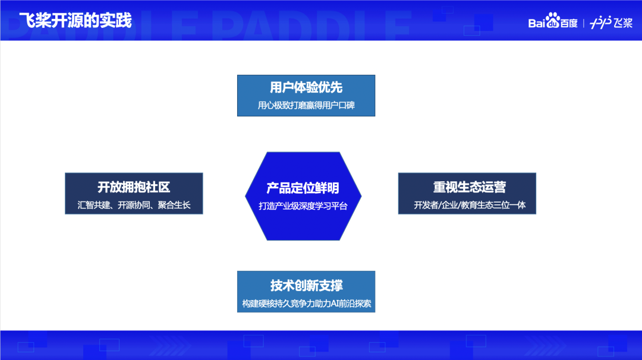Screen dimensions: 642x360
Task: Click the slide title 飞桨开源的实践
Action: click(75, 20)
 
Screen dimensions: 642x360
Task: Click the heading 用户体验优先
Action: click(306, 88)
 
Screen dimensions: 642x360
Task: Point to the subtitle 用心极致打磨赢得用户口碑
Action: click(306, 106)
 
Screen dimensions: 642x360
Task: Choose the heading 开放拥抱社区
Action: click(134, 187)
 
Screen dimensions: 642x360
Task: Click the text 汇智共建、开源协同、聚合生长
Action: click(134, 206)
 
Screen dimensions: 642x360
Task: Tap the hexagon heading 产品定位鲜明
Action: click(303, 188)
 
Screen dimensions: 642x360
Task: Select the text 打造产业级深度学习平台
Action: click(303, 206)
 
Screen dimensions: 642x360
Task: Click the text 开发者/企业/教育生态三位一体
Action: click(467, 206)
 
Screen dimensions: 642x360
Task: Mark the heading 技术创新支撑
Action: click(306, 285)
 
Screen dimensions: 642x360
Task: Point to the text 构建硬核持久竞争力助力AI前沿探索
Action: click(306, 304)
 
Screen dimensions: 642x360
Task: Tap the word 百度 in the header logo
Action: click(568, 23)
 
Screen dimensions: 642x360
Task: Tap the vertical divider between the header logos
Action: click(584, 23)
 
